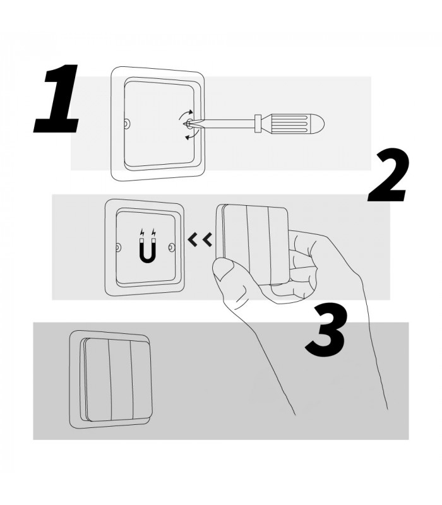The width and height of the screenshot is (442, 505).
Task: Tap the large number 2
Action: tap(388, 175)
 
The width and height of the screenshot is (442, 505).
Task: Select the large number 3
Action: tap(326, 330)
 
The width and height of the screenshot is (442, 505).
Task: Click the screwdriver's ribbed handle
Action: tap(292, 123)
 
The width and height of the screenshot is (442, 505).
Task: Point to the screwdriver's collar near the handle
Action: tap(258, 123)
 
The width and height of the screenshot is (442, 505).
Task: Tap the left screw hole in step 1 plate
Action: tap(127, 124)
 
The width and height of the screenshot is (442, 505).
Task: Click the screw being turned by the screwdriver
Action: tap(188, 123)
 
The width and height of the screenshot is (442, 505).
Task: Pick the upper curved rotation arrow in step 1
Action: tap(186, 114)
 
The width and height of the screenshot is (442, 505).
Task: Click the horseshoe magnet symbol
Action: tap(148, 250)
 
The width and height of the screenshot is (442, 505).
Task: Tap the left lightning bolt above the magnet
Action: tap(142, 232)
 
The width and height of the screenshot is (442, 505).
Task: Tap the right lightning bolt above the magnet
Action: tap(153, 232)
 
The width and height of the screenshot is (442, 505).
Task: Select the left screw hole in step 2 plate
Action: tap(119, 247)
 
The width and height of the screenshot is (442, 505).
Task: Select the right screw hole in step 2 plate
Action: tap(172, 247)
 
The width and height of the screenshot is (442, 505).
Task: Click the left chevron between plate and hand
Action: tap(193, 240)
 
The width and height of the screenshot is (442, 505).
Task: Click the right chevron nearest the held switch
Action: tap(207, 240)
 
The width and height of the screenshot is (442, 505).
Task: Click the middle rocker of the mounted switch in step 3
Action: tap(121, 380)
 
